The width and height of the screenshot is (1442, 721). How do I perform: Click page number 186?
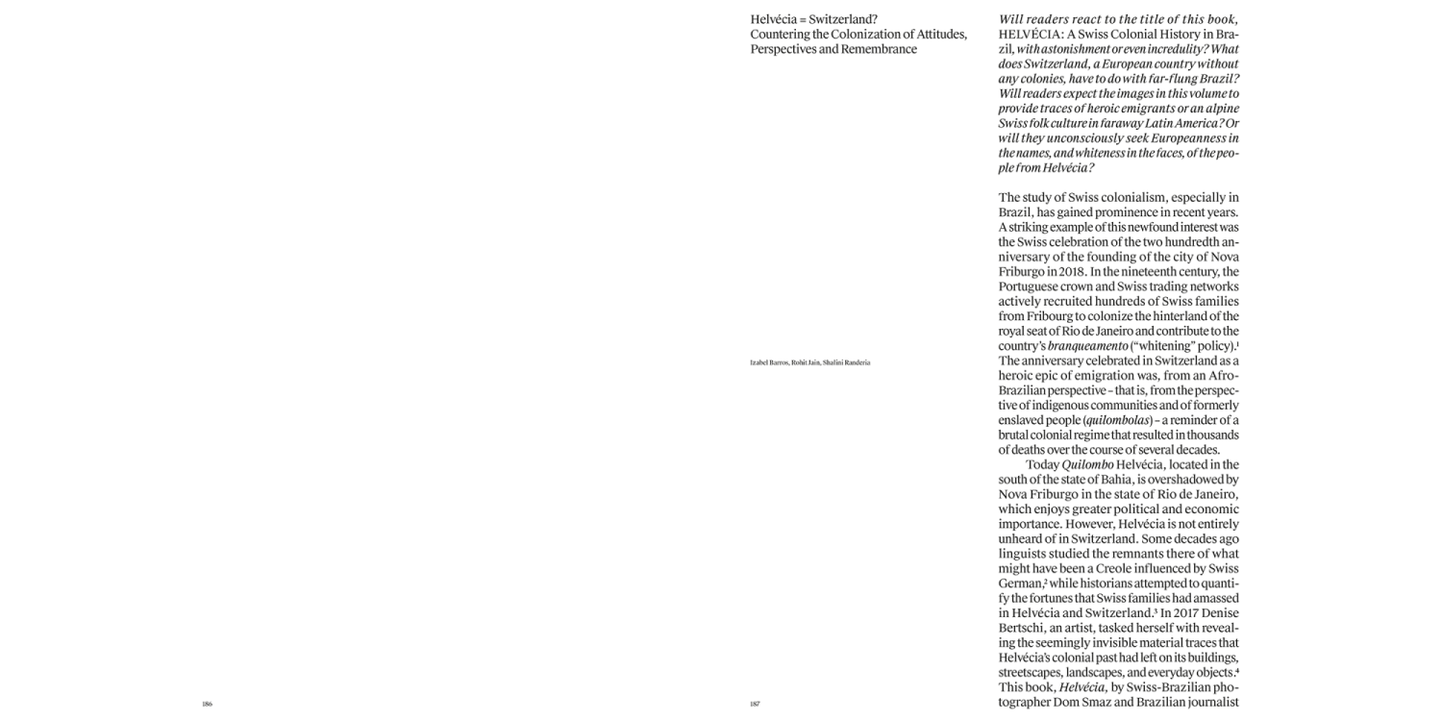(x=207, y=704)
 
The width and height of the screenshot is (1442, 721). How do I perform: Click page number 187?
(x=755, y=704)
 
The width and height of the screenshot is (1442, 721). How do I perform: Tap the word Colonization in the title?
(x=854, y=35)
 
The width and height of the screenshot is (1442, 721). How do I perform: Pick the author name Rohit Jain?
(x=806, y=361)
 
